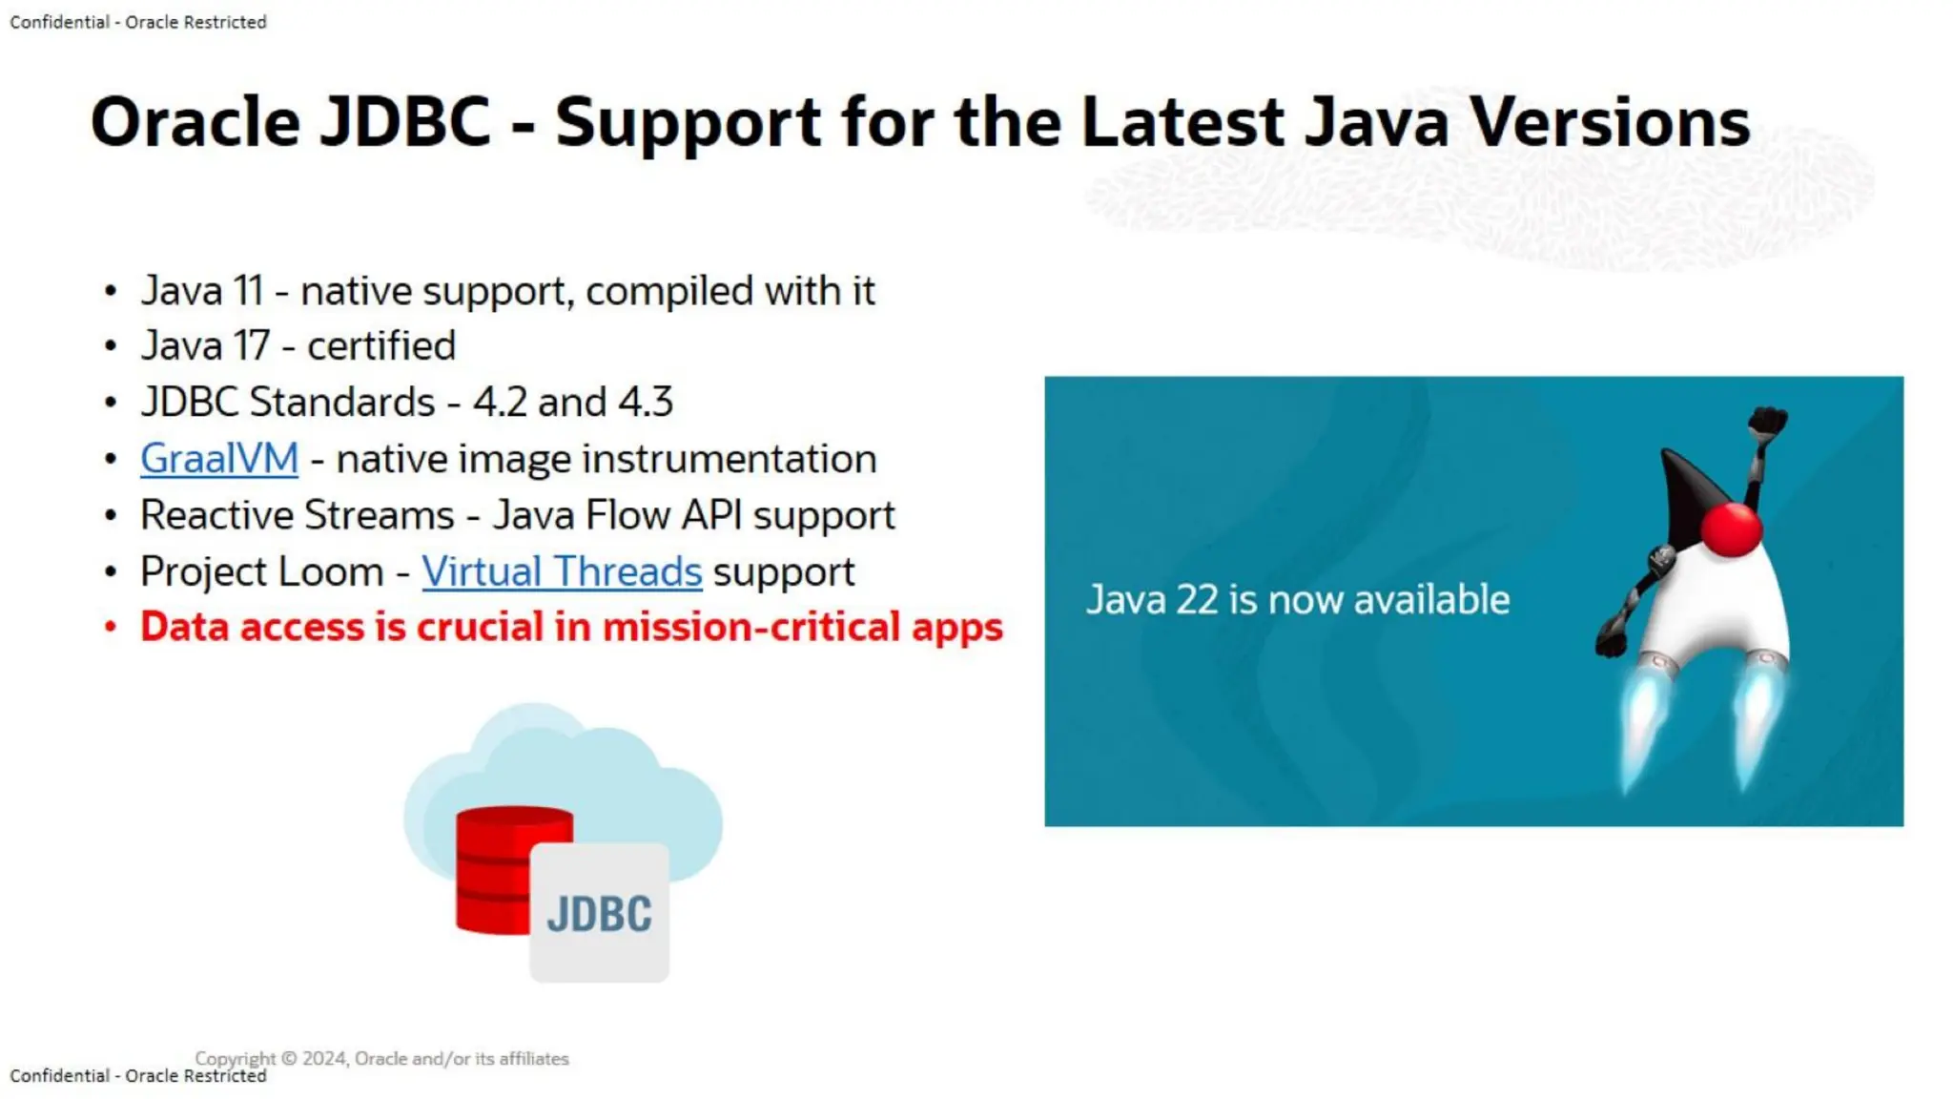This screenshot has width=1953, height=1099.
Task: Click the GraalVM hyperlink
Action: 219,459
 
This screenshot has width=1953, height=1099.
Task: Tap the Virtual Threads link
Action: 562,571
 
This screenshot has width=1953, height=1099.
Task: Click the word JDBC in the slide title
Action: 404,122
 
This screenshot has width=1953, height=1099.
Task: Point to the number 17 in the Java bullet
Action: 252,346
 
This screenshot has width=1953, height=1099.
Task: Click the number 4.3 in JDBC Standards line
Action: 646,403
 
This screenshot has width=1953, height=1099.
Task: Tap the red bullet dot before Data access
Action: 111,627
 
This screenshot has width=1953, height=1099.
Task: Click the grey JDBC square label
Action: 599,913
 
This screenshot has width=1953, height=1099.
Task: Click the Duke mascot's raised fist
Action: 1767,421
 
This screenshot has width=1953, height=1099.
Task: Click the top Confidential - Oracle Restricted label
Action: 138,22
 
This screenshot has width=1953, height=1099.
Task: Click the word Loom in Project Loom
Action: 338,571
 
